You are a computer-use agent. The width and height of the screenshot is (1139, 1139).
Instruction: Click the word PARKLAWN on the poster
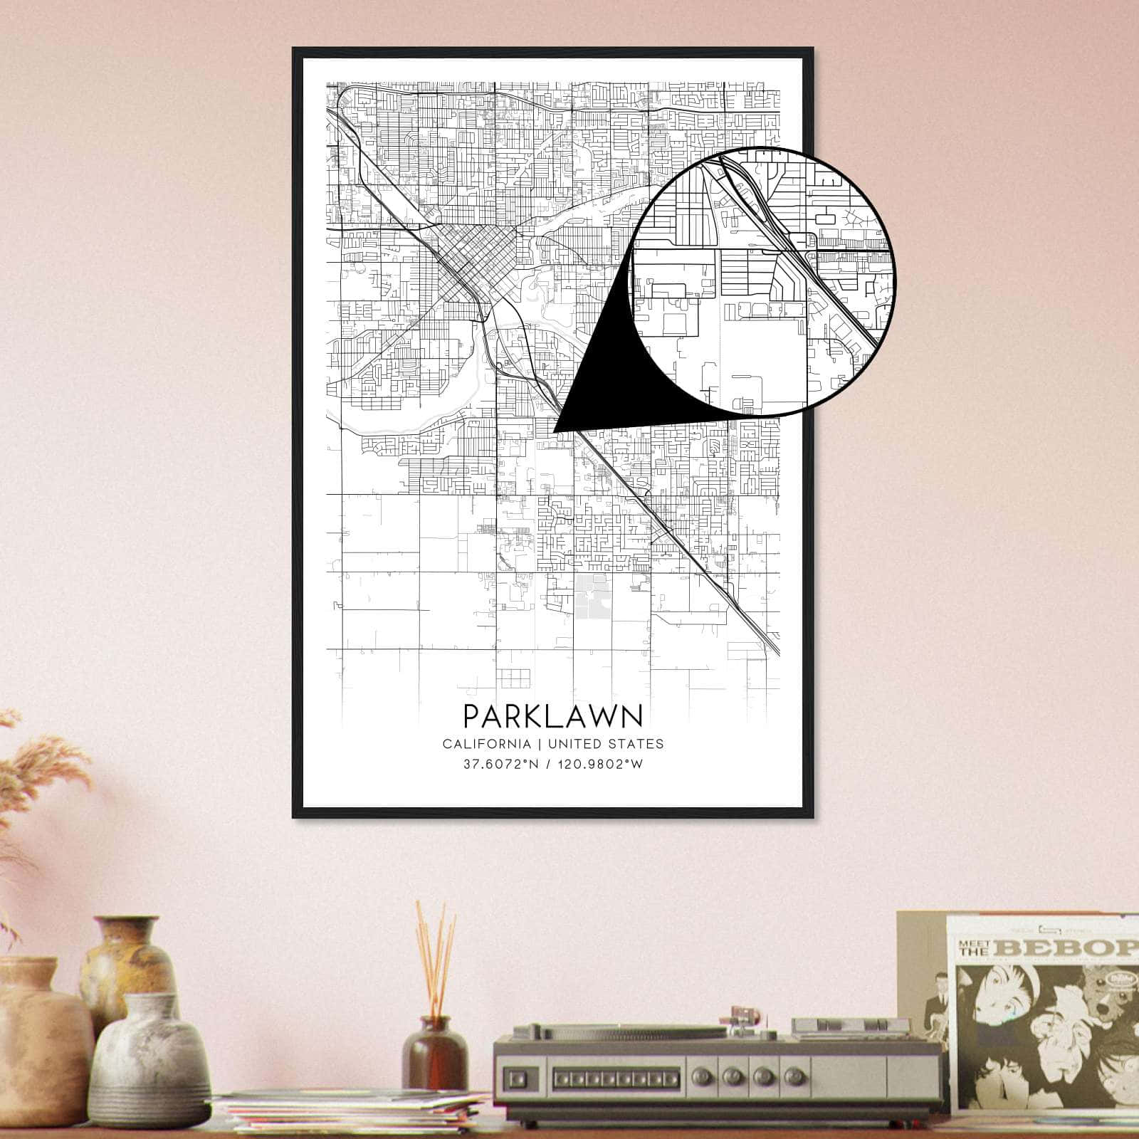tap(552, 715)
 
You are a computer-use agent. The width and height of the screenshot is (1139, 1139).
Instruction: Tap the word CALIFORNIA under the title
tap(486, 744)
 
